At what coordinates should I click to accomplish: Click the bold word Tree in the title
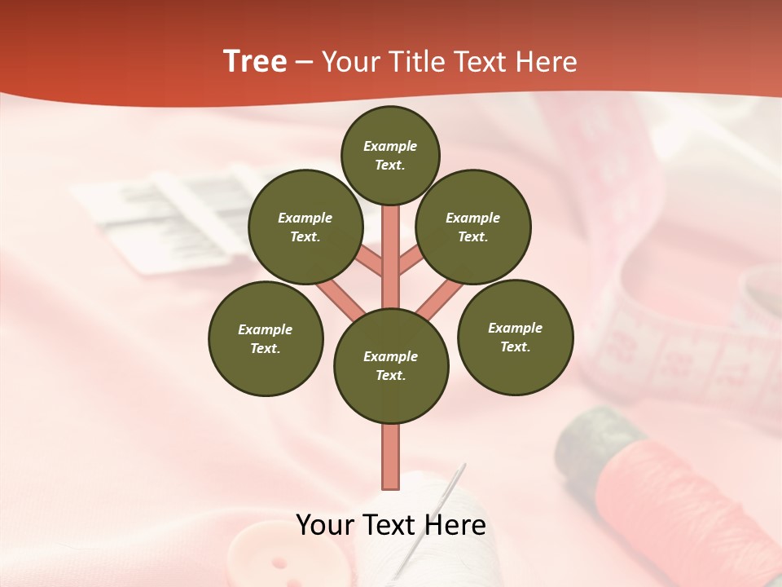(255, 62)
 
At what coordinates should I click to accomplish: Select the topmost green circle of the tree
(390, 155)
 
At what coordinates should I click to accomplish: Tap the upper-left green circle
(305, 227)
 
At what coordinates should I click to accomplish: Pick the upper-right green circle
(473, 227)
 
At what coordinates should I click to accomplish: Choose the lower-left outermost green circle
(266, 338)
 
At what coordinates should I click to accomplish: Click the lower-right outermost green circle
(516, 337)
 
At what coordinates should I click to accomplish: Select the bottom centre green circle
(391, 365)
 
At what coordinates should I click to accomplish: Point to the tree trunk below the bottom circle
(391, 457)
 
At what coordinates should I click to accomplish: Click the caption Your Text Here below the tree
(391, 525)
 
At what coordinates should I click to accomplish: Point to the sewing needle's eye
(461, 472)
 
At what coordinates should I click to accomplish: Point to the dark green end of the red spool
(591, 444)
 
